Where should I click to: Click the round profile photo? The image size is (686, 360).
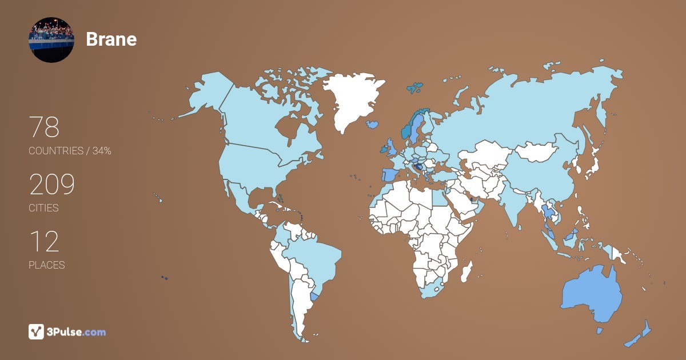coord(51,39)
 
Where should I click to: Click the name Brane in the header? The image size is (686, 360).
coord(111,39)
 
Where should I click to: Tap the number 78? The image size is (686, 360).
coord(44,127)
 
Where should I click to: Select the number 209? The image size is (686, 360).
coord(52,185)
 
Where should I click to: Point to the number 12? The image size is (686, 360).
coord(44,242)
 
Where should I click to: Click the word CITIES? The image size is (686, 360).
coord(43,208)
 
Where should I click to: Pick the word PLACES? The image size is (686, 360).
coord(46,265)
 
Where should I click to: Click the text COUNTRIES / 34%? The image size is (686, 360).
coord(70,151)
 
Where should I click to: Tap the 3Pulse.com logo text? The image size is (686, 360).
coord(77,331)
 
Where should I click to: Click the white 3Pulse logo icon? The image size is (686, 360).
coord(36,331)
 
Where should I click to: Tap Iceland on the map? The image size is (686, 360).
coord(373,123)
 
